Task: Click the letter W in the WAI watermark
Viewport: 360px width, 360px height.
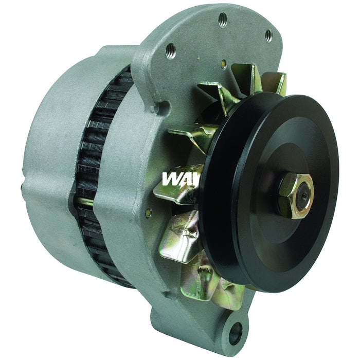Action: (172, 179)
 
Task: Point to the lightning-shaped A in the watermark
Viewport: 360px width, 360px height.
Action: (187, 179)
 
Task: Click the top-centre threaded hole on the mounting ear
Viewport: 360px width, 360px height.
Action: (222, 20)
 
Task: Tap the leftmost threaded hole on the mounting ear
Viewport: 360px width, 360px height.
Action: (171, 50)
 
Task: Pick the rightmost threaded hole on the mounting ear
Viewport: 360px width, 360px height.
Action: (268, 34)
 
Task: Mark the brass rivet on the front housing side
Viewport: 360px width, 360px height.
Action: (148, 211)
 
